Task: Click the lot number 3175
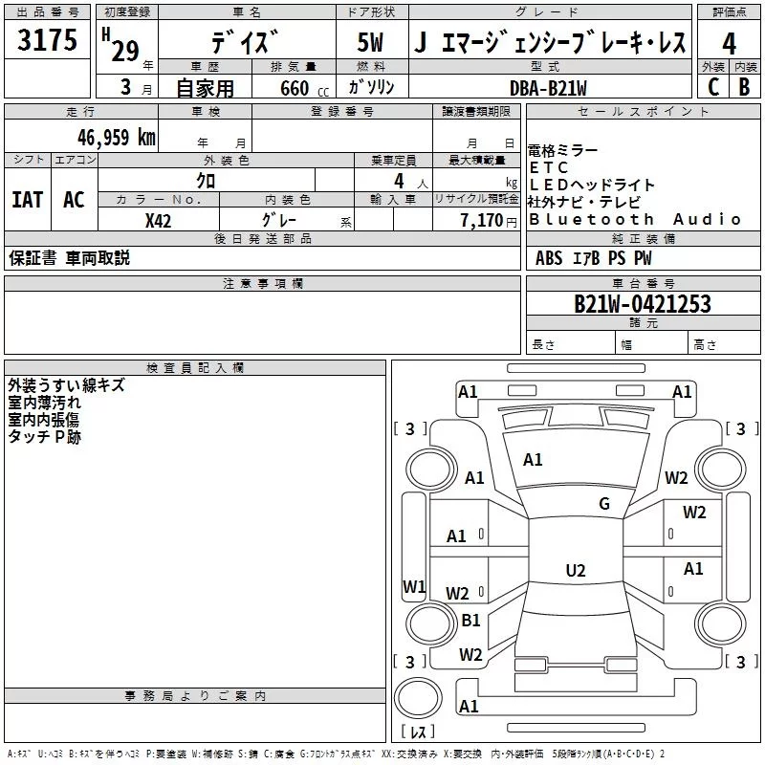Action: tap(47, 39)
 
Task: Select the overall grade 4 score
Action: tap(729, 44)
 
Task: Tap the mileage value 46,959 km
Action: tap(117, 138)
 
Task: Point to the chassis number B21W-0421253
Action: tap(643, 304)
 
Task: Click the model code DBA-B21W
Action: tap(548, 88)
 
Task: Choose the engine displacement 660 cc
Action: tap(304, 89)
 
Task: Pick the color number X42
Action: tap(158, 221)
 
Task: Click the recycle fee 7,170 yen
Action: tap(489, 221)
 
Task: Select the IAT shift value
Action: tap(28, 200)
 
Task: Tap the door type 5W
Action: tap(370, 42)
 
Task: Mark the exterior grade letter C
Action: tap(713, 87)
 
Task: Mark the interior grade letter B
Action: tap(745, 87)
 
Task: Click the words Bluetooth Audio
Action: tap(635, 220)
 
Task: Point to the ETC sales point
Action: tap(548, 167)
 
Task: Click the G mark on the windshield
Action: tap(604, 503)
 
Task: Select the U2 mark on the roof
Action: tap(576, 570)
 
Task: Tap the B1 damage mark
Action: tap(470, 620)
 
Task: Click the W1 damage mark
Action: tap(414, 586)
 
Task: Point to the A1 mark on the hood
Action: tap(533, 460)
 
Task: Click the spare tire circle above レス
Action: tap(418, 698)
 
